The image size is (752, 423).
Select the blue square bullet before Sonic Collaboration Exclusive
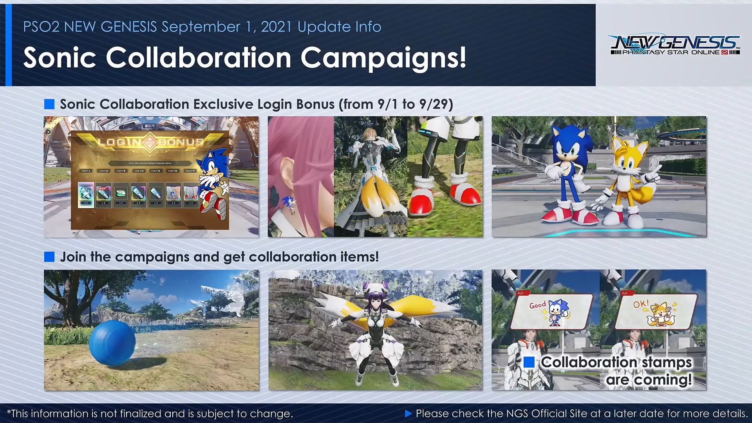pyautogui.click(x=49, y=104)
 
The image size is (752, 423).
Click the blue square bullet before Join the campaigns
pyautogui.click(x=49, y=257)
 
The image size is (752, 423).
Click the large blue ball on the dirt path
pyautogui.click(x=112, y=343)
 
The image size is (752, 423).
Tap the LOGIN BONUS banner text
pyautogui.click(x=151, y=142)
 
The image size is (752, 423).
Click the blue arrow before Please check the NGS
pyautogui.click(x=408, y=414)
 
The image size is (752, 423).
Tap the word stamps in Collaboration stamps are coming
pyautogui.click(x=667, y=362)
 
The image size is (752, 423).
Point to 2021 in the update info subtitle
pyautogui.click(x=277, y=27)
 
